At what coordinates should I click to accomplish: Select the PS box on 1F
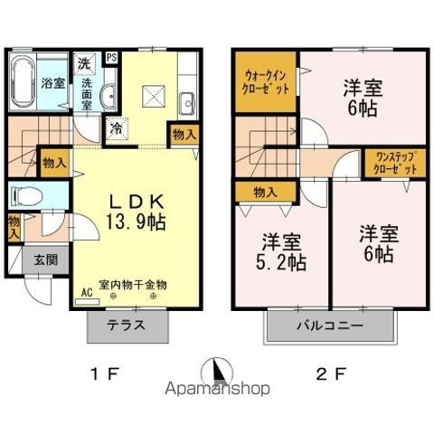coord(112,57)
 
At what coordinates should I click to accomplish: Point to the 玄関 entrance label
coord(21,259)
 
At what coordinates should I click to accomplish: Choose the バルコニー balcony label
coord(329,325)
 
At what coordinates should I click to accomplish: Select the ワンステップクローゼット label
coord(396,163)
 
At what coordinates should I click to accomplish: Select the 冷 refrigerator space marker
coord(118,129)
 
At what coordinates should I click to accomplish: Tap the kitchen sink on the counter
coord(188,100)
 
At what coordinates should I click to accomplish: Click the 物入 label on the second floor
coord(264,192)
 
